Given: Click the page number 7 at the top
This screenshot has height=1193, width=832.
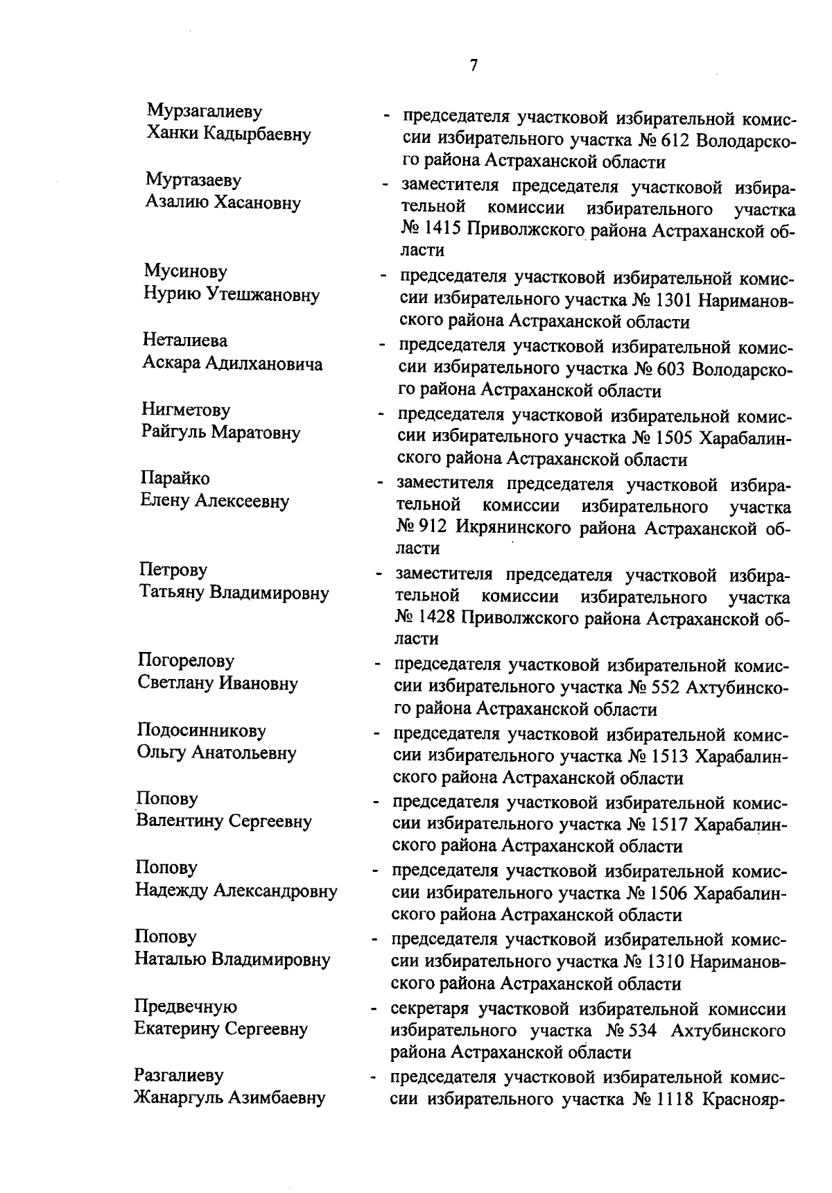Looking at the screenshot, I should click(474, 66).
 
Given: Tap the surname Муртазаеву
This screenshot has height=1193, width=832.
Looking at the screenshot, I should click(193, 180).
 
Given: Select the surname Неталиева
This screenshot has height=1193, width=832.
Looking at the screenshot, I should click(184, 341).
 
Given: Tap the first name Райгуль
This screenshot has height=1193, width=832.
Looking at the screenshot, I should click(173, 433).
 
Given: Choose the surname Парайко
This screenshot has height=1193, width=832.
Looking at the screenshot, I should click(175, 479).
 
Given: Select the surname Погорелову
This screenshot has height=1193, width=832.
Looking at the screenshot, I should click(186, 660).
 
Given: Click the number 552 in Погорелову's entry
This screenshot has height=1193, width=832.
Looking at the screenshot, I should click(666, 687).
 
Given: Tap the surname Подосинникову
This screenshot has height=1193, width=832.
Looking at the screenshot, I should click(201, 730).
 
